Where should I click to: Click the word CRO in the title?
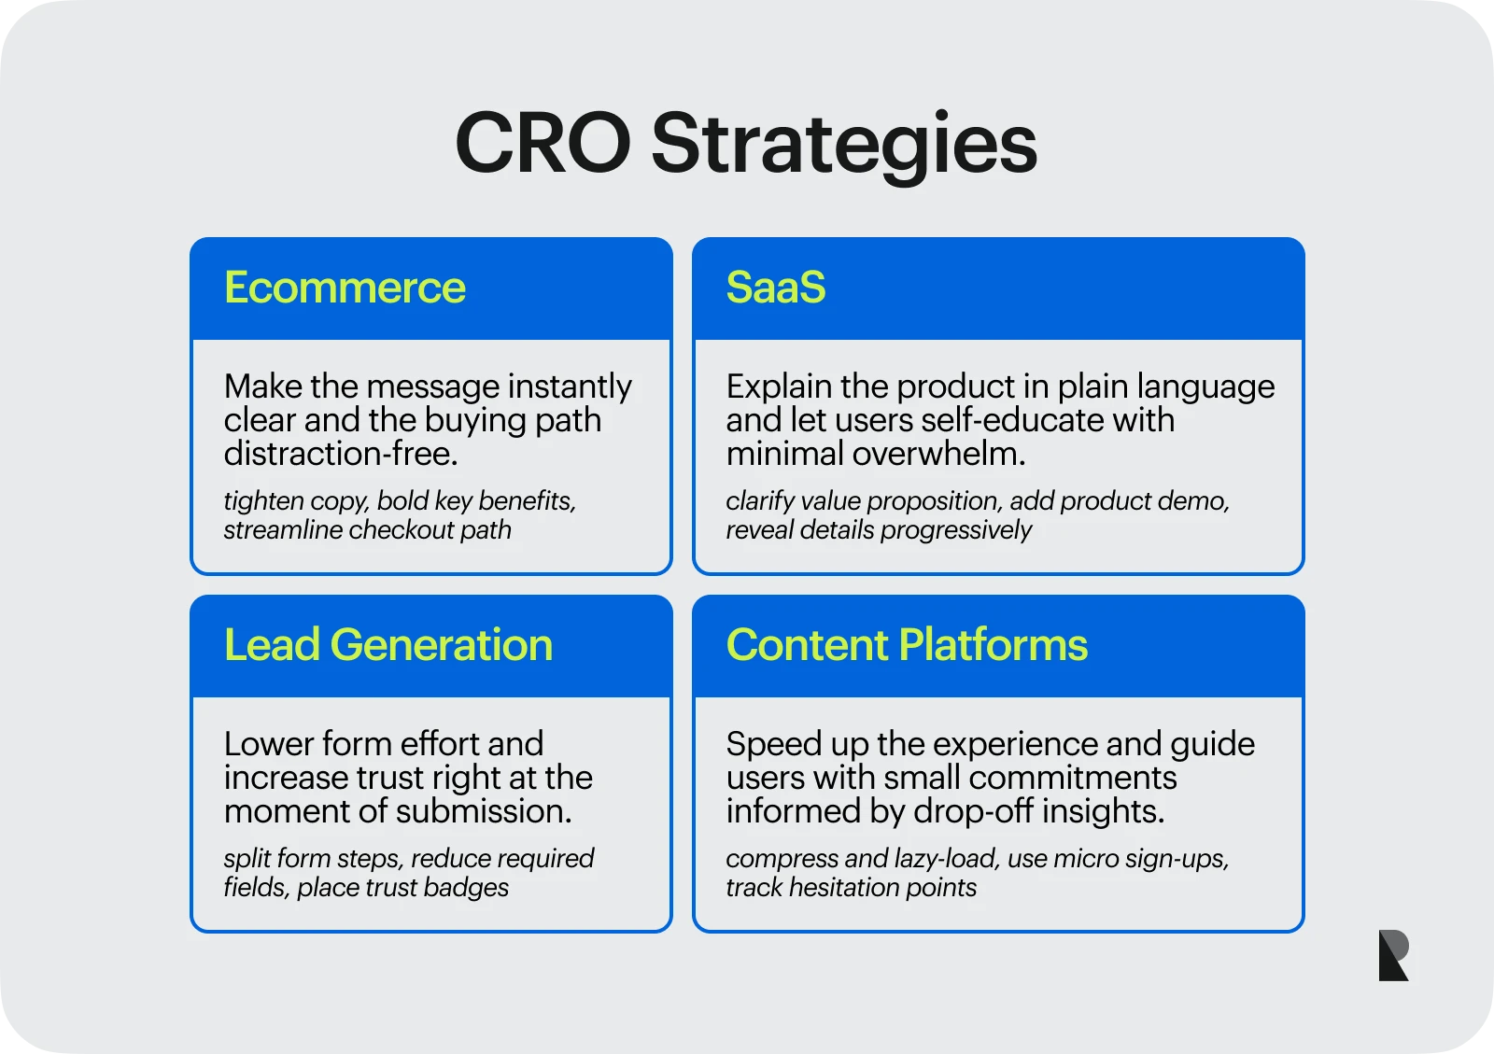543,144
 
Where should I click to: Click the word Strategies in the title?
843,144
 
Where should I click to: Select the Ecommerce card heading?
345,288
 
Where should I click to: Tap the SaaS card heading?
776,288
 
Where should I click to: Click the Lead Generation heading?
388,645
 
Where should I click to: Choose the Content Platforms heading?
907,645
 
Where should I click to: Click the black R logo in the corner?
1393,955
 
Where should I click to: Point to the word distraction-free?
341,454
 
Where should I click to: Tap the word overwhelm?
938,454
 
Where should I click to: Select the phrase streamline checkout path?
367,530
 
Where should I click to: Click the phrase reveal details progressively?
879,530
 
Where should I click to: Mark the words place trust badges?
402,888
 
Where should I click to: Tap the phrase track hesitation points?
851,888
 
